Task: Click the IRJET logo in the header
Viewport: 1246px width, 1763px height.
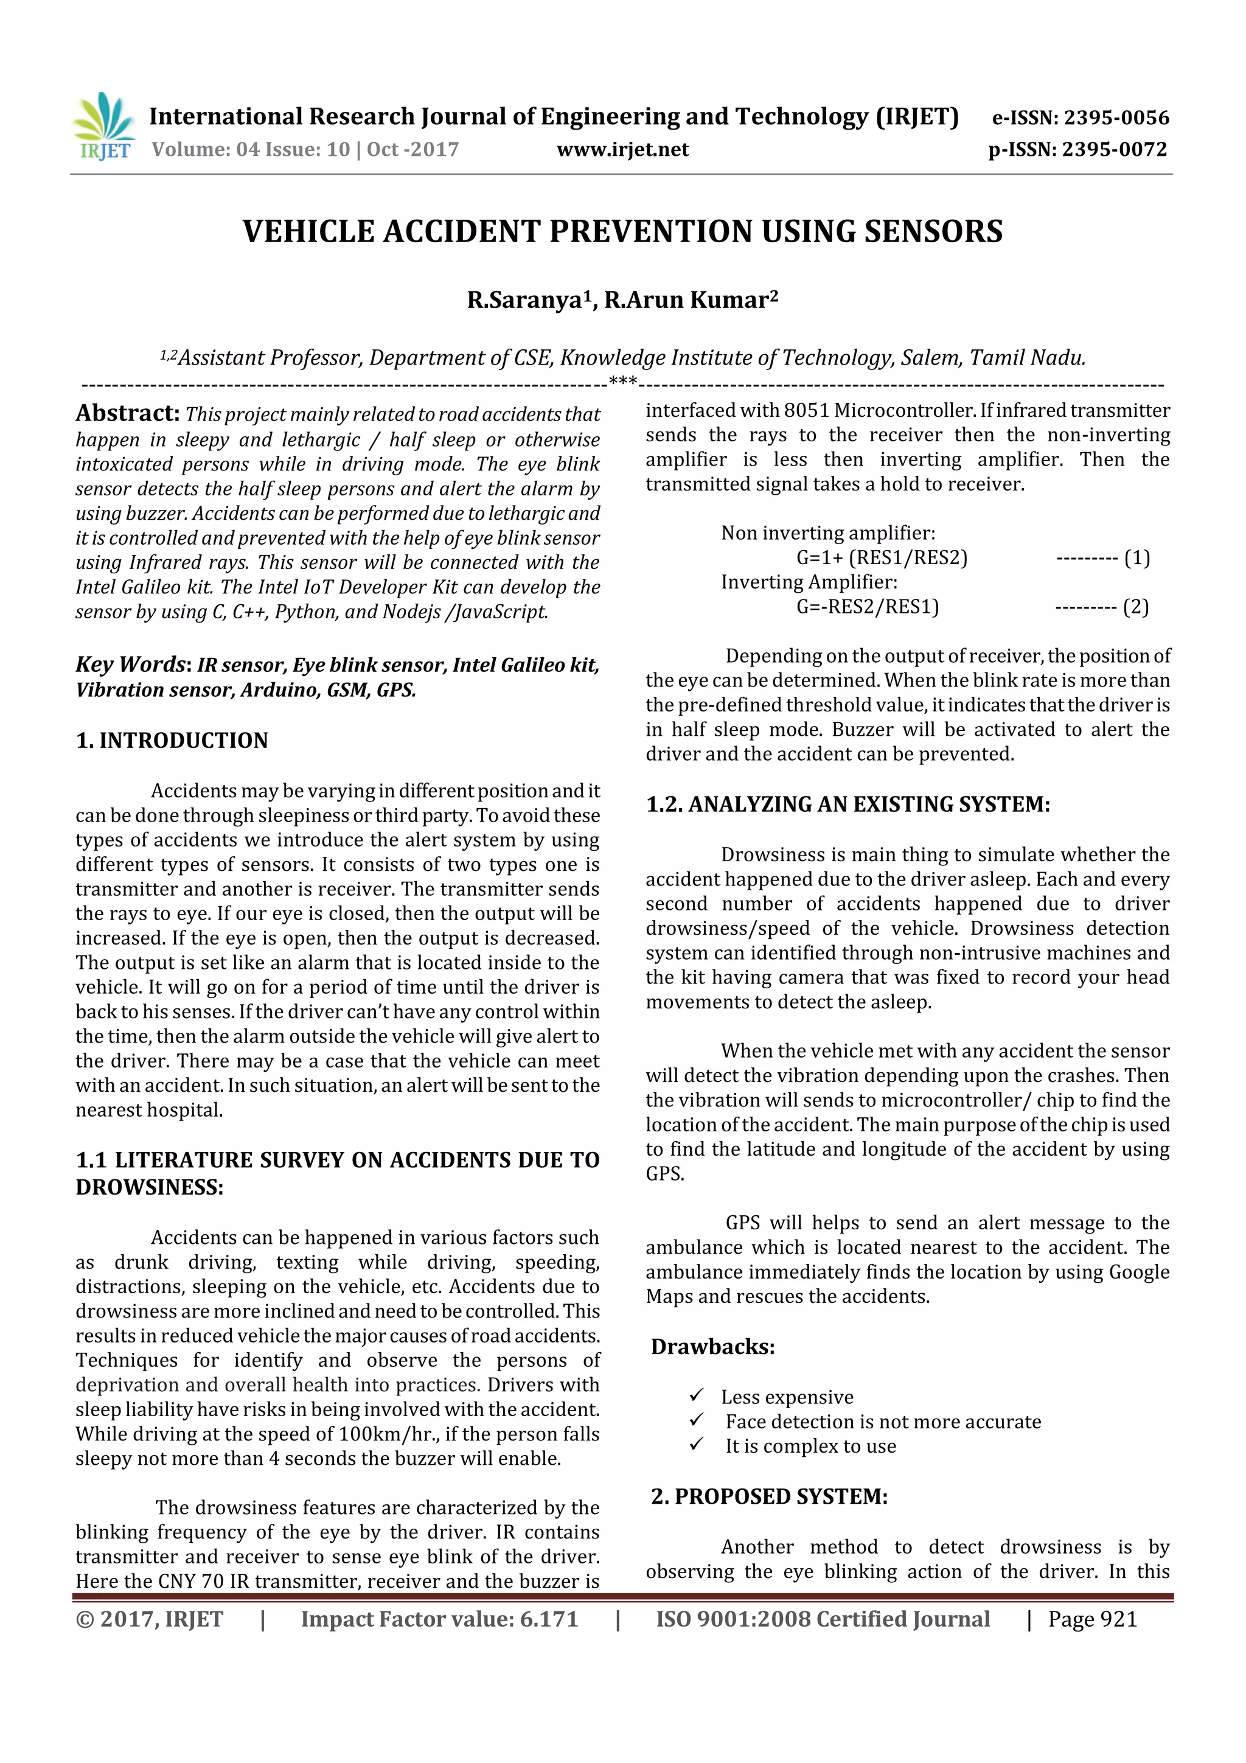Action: pos(103,127)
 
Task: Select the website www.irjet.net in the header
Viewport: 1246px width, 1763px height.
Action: pos(622,150)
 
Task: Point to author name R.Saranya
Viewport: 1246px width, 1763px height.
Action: pos(524,299)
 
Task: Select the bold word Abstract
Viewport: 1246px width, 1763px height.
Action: pos(127,413)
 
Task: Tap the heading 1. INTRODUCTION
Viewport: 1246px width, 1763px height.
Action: pos(172,740)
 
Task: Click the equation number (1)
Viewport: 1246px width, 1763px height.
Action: pos(1136,557)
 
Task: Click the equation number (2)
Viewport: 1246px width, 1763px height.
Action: pos(1135,607)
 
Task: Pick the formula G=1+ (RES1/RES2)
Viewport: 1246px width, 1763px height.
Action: pos(882,557)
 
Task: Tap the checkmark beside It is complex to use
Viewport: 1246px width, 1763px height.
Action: pos(697,1444)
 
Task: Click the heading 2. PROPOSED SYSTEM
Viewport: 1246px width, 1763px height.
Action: pos(769,1496)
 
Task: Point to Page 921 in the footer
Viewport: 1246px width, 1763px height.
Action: pos(1091,1619)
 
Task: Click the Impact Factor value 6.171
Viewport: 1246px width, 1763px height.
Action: pos(548,1619)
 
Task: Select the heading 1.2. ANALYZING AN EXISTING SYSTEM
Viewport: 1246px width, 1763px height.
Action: pos(847,804)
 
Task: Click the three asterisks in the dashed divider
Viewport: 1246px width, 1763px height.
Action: pos(622,382)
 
